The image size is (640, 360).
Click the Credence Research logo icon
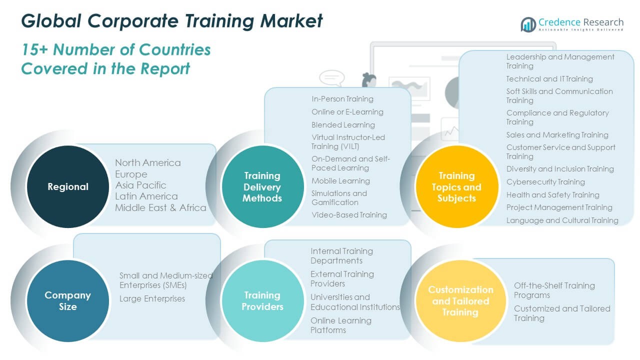528,24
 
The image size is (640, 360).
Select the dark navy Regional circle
67,187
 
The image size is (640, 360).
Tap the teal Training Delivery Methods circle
262,187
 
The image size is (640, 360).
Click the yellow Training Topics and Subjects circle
456,187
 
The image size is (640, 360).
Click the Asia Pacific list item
140,185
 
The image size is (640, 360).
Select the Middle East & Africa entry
160,207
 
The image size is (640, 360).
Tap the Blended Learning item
343,124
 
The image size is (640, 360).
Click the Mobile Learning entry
340,180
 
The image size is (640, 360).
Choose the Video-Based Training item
349,215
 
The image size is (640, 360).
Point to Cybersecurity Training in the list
545,182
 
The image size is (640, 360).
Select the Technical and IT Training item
549,79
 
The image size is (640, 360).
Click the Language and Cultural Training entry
562,220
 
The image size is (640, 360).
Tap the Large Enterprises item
152,298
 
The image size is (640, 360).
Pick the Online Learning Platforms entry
340,325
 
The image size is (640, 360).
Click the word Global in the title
51,20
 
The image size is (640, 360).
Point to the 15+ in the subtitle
35,49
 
